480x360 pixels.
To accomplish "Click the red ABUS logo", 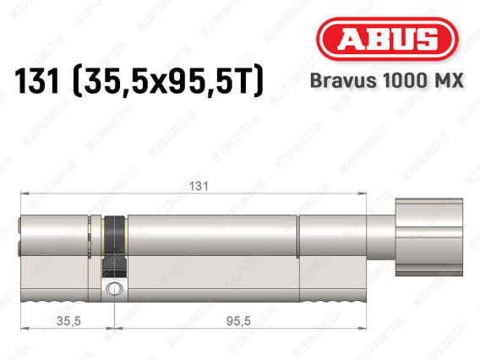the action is pyautogui.click(x=387, y=39).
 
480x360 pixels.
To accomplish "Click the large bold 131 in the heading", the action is pyautogui.click(x=36, y=81).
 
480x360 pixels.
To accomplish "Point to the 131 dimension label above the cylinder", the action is pyautogui.click(x=199, y=186).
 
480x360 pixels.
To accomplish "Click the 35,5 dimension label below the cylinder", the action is pyautogui.click(x=68, y=321).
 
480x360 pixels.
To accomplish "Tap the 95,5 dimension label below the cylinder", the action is pyautogui.click(x=238, y=321).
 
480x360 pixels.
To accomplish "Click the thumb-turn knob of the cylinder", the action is pyautogui.click(x=429, y=237).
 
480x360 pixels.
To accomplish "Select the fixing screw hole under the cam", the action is pyautogui.click(x=114, y=289).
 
